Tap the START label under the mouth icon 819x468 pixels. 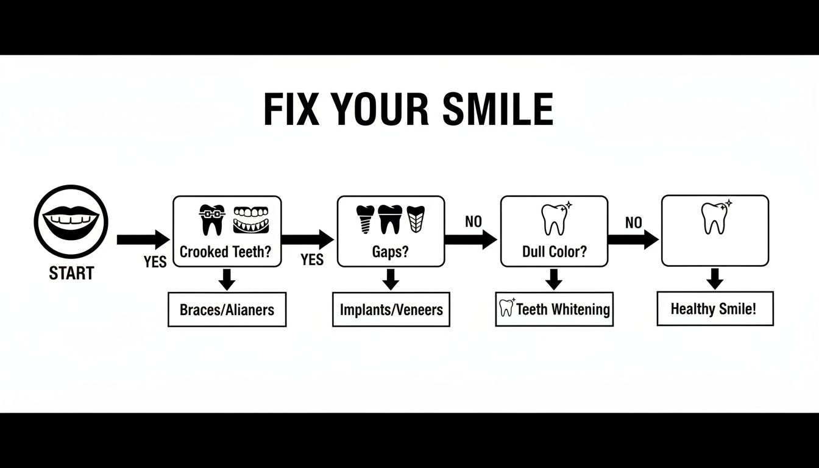pos(71,274)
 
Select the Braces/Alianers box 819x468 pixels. pos(227,310)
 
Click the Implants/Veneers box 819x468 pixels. pos(391,310)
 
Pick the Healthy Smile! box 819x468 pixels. pos(714,308)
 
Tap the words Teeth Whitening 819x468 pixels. pos(562,310)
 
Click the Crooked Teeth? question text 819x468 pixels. pos(225,252)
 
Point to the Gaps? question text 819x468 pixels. pos(390,252)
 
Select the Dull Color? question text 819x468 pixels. pos(554,252)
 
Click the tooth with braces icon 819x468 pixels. pos(212,219)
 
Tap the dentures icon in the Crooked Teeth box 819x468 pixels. pos(250,219)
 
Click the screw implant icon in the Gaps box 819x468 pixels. pos(365,219)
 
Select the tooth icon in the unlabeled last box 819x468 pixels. pos(714,218)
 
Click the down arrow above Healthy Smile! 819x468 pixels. pos(714,280)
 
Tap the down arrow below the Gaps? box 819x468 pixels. pos(391,280)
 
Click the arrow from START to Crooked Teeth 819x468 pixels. pos(143,239)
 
